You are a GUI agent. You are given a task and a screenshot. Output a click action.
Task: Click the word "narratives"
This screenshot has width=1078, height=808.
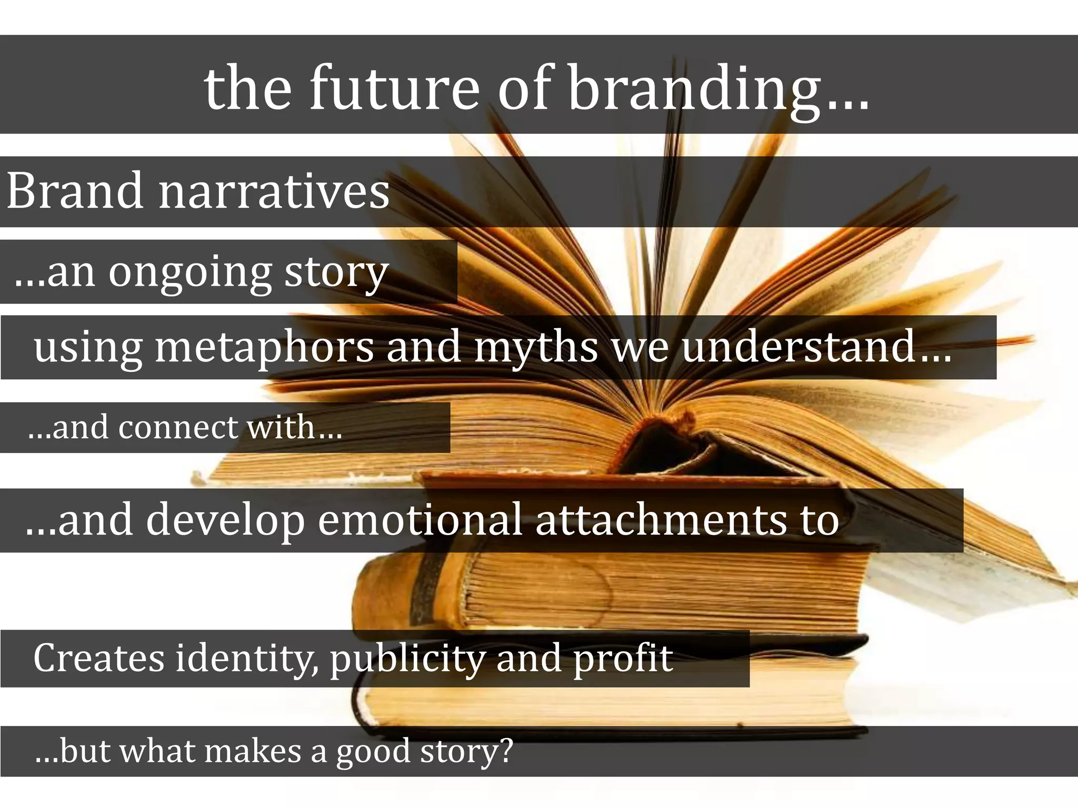[274, 190]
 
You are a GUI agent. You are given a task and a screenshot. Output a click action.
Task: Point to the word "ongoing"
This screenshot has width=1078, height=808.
[189, 274]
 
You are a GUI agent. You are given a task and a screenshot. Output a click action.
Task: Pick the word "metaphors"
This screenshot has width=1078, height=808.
[264, 347]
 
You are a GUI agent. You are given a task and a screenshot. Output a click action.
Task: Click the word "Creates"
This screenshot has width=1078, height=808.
[98, 658]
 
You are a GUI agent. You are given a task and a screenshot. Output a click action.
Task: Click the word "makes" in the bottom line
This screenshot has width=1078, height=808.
[252, 751]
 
